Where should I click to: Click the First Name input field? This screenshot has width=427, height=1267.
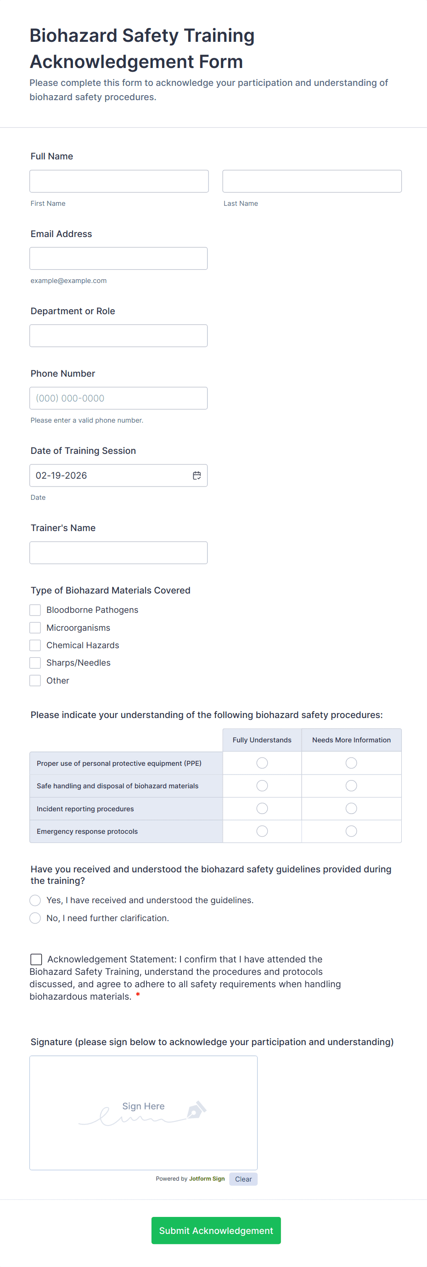(119, 181)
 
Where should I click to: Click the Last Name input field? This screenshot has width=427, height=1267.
(312, 181)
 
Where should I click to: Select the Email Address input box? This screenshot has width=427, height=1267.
(118, 258)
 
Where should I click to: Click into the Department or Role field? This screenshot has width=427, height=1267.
(118, 335)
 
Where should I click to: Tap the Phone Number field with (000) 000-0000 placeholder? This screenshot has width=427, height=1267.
(118, 398)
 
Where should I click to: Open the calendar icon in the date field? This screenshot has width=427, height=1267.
(197, 475)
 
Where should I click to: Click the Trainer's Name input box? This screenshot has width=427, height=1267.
(118, 552)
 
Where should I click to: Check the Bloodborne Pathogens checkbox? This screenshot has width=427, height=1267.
(35, 610)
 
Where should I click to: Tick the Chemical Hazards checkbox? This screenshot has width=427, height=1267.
(35, 645)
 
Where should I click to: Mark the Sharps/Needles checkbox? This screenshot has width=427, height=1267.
(35, 662)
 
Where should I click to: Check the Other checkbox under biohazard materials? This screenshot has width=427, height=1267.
(35, 680)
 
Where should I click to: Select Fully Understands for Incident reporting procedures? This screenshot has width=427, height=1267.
(262, 808)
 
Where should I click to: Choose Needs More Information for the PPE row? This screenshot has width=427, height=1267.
(351, 763)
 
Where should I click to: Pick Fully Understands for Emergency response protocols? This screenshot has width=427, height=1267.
(262, 831)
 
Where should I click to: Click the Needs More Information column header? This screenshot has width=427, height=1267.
(351, 740)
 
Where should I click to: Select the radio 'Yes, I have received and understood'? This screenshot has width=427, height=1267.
(35, 900)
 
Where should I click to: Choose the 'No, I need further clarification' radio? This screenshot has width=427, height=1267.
(35, 918)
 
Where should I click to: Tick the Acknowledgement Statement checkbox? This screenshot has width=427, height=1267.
(36, 959)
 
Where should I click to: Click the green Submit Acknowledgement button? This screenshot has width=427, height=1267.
(216, 1230)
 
